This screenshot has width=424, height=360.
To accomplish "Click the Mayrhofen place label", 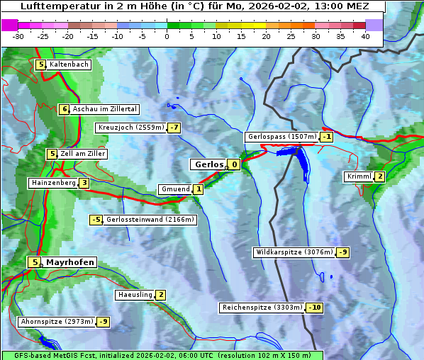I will pos(70,262).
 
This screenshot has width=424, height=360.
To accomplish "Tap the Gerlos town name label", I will pos(208,164).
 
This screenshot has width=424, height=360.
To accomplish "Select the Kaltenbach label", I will pos(69,64).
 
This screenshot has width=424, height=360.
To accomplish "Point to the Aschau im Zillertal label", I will pos(104,109).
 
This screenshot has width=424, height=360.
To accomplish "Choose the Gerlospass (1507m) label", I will pos(281,137).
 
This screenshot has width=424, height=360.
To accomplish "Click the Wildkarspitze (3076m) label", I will pos(294,252).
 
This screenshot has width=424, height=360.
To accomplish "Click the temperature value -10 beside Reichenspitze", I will pos(315,308).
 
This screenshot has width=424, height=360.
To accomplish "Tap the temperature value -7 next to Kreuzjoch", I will pos(174,128).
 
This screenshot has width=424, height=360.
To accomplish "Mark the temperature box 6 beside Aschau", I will pos(65,109).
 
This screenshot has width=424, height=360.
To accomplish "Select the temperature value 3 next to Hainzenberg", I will pos(84,183).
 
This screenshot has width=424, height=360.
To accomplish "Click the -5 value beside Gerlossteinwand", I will pos(96,220).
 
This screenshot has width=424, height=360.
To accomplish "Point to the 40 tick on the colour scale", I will pos(365,36).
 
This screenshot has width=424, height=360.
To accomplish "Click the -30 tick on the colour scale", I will pos(18,36).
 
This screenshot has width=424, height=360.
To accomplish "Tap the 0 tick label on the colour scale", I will pos(167,36).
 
